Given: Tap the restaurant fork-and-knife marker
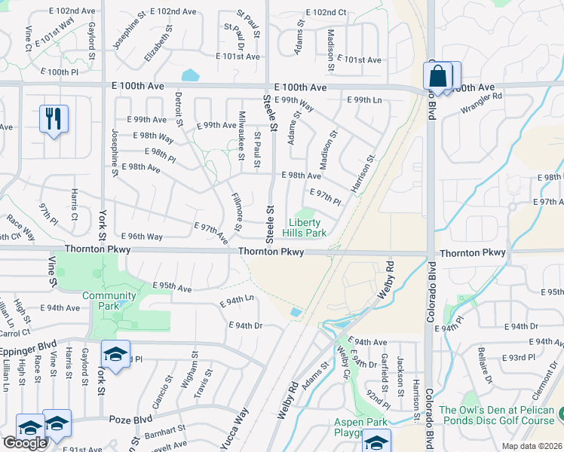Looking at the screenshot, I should (54, 118).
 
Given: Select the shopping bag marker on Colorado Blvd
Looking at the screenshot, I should (438, 75).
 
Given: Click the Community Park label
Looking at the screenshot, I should (103, 301).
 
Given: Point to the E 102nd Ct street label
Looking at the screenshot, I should (326, 13).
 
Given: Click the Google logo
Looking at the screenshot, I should (25, 443).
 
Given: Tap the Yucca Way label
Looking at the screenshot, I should (234, 429).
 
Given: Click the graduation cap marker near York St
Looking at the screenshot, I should (115, 353).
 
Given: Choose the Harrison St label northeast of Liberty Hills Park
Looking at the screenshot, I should (363, 173).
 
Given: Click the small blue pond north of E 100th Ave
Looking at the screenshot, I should (190, 75).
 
